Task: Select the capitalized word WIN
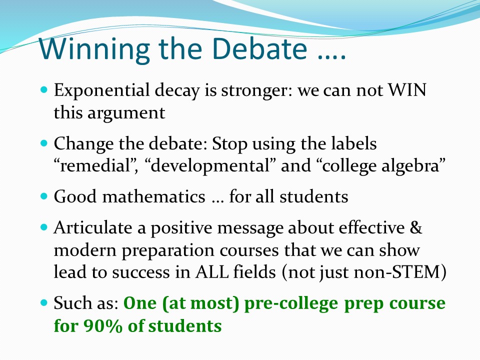(x=407, y=90)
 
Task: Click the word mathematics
(x=153, y=196)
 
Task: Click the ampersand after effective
(x=415, y=228)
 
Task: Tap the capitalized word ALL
(x=212, y=272)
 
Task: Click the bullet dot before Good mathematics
(x=44, y=196)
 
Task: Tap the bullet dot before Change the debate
(x=44, y=143)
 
